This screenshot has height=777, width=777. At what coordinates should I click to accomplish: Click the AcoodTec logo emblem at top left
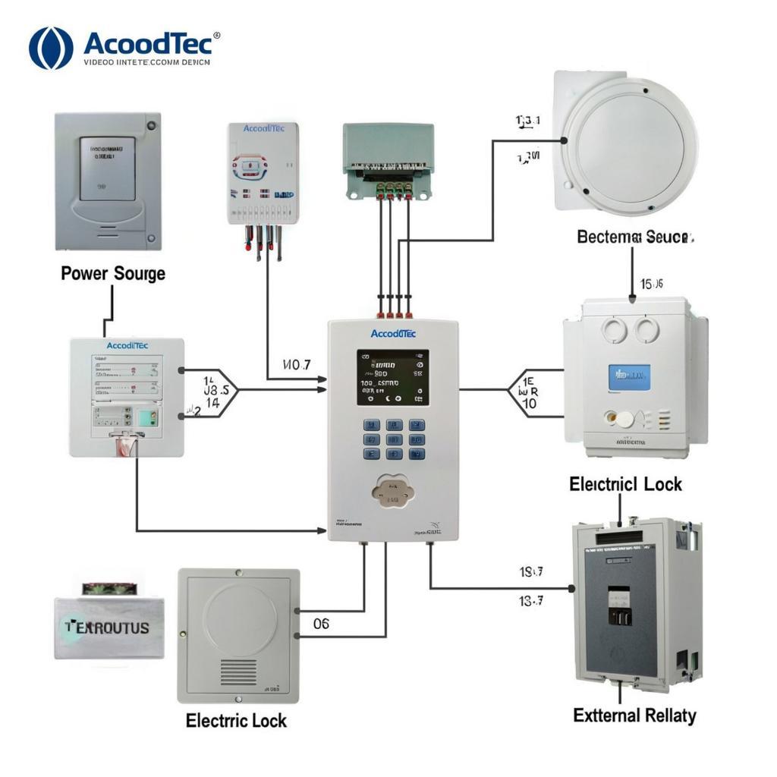tap(51, 48)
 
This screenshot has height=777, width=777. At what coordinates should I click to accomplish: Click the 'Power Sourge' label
tap(113, 273)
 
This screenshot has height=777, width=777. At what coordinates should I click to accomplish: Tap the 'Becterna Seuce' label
tap(635, 237)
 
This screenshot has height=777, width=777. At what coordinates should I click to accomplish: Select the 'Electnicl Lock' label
tap(625, 484)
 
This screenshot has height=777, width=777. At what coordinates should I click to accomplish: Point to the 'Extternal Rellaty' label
tap(634, 715)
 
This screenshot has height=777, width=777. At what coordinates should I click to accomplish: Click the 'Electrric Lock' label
tap(237, 720)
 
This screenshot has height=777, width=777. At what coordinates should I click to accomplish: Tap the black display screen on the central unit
tap(392, 377)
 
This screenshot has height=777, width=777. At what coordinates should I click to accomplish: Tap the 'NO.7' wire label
tap(296, 365)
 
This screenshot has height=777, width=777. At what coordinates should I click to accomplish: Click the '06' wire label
tap(321, 624)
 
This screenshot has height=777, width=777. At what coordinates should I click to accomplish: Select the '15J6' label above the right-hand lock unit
tap(651, 284)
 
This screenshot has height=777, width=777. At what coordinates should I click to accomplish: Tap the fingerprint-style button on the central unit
tap(392, 492)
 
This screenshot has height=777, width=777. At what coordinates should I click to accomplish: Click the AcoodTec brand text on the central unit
tap(392, 333)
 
